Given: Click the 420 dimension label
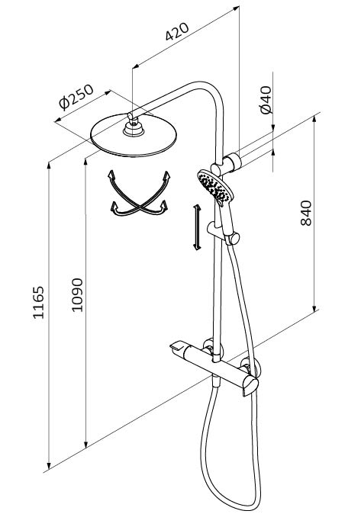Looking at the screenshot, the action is (177, 32).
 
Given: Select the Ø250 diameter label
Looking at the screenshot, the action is (76, 97).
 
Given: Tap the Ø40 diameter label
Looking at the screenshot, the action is (266, 100).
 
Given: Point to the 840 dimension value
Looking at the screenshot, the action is (306, 213).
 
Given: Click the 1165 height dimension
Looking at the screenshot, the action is (38, 302).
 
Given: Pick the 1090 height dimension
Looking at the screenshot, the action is (77, 295).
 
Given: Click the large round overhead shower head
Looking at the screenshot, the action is (134, 136).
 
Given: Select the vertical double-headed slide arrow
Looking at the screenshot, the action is (197, 227).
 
